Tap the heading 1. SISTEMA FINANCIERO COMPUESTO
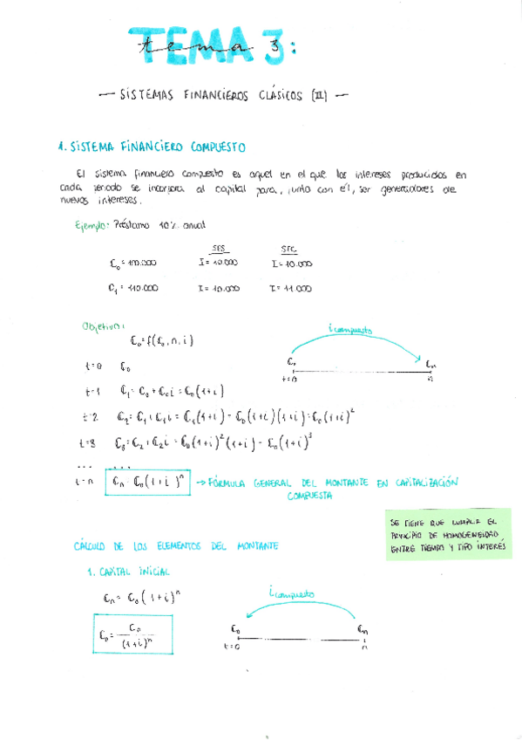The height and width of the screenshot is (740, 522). (150, 147)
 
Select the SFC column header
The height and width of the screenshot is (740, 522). (289, 248)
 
